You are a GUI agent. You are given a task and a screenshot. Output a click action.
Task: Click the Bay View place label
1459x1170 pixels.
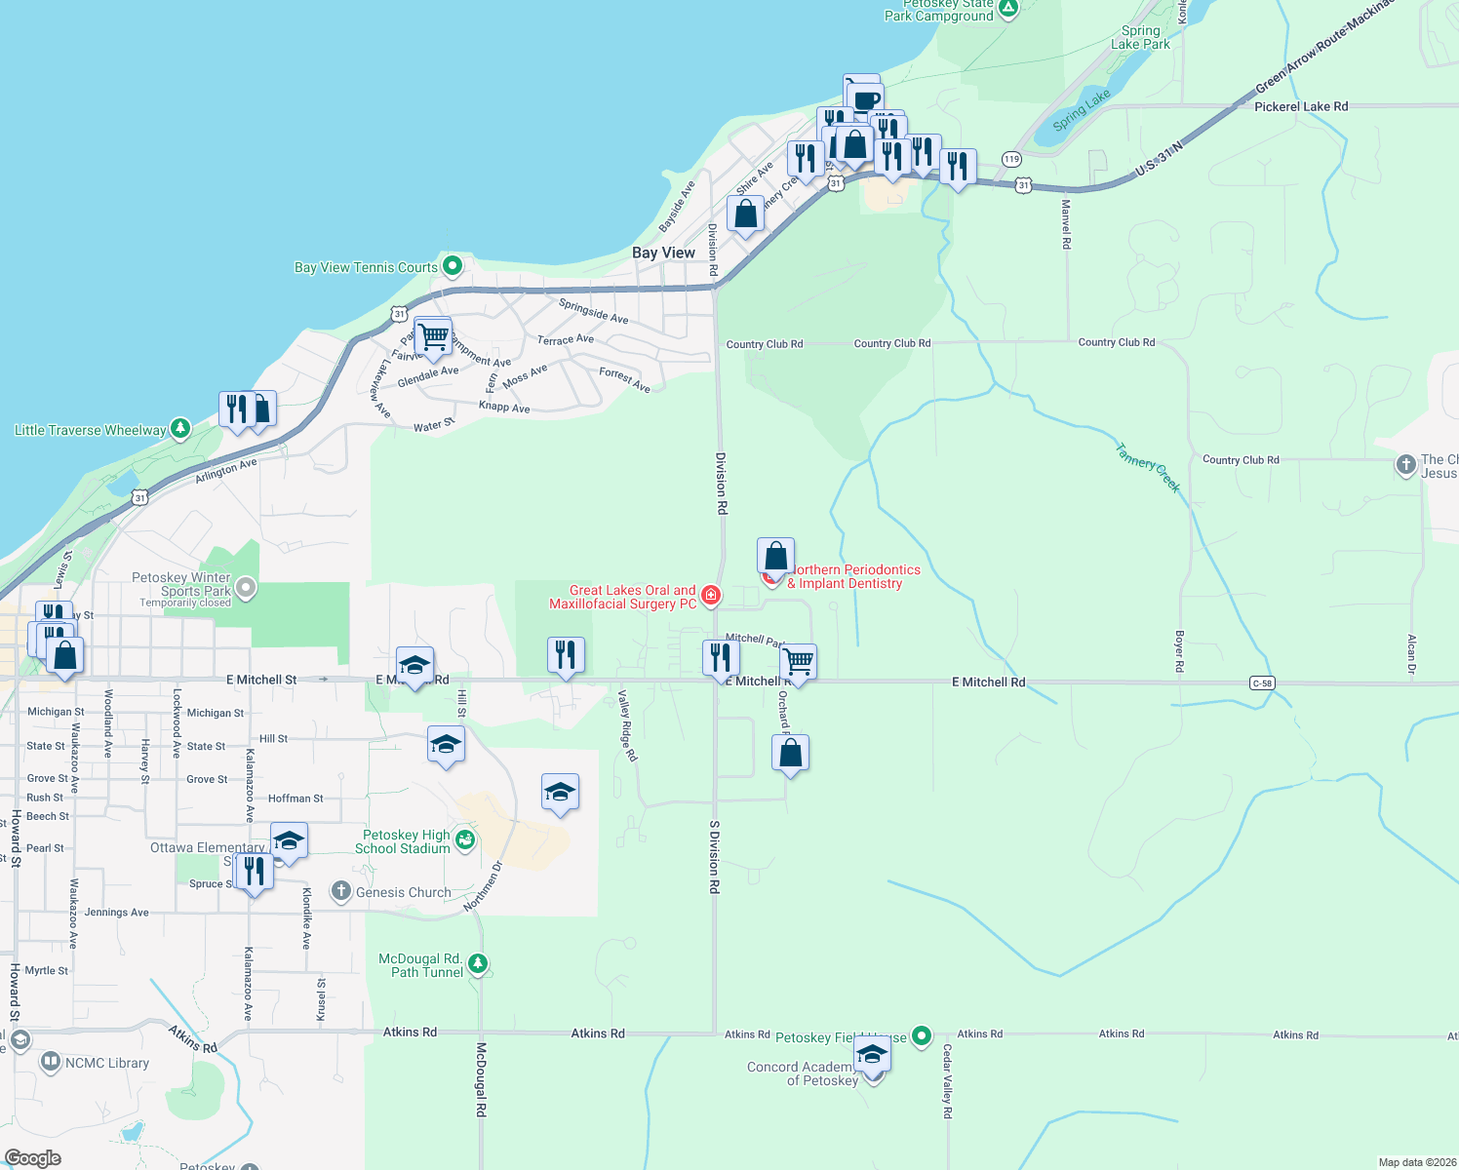click(x=663, y=253)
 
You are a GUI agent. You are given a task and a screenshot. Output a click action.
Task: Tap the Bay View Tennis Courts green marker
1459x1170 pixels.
click(x=453, y=265)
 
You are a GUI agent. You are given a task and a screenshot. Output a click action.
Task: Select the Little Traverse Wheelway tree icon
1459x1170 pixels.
click(x=179, y=428)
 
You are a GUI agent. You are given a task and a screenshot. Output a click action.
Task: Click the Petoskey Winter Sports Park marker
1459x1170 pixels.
click(x=246, y=587)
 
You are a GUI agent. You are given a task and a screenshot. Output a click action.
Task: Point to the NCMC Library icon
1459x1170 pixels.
click(x=51, y=1061)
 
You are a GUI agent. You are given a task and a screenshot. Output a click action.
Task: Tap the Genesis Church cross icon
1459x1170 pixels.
click(x=340, y=890)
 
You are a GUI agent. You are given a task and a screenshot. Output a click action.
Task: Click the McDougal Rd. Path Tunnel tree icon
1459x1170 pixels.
click(x=477, y=964)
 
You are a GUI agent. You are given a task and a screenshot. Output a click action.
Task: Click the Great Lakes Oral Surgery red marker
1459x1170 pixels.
click(x=711, y=595)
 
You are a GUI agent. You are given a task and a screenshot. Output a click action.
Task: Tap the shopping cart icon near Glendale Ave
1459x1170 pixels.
click(x=433, y=337)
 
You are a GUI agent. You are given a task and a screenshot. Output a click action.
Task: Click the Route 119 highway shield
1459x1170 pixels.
click(x=1011, y=159)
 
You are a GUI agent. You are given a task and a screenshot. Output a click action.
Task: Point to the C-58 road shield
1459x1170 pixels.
click(x=1262, y=683)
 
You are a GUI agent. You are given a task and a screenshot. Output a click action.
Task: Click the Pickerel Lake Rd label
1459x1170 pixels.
click(x=1301, y=106)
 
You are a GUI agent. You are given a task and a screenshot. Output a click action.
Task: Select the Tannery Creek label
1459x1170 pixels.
click(x=1148, y=468)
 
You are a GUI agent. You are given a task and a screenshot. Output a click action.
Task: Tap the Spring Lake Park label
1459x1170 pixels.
click(x=1140, y=37)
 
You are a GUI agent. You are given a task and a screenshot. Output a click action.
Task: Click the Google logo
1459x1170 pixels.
click(x=33, y=1158)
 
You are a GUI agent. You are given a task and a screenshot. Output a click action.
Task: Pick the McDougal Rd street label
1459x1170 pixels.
click(x=481, y=1079)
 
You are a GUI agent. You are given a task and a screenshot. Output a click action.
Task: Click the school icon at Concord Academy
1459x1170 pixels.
click(x=872, y=1054)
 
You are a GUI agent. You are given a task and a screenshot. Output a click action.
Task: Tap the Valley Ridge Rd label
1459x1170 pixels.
click(x=627, y=725)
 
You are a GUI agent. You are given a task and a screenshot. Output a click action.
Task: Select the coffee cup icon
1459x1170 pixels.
click(x=865, y=98)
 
